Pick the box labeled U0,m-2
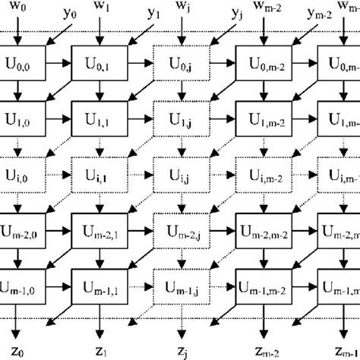tap(264, 61)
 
